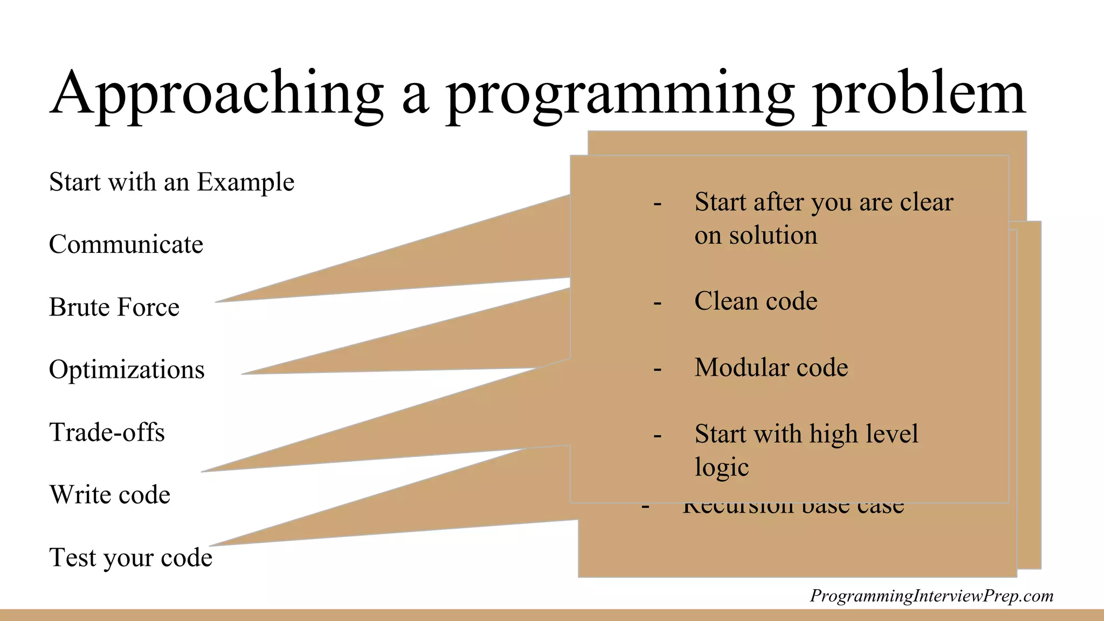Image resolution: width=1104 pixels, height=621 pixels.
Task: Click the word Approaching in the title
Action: coord(216,94)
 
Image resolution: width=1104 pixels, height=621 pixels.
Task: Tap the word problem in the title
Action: coord(919,94)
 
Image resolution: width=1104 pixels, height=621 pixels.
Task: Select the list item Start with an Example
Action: coord(171,182)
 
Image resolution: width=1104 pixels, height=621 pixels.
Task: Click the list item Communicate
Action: coord(126,245)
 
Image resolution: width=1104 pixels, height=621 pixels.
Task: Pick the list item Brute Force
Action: coord(114,307)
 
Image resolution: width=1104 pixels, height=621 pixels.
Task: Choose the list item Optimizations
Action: coord(127,370)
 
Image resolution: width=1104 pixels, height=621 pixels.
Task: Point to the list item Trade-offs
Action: coord(107,432)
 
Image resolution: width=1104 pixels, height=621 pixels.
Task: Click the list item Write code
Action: coord(109,495)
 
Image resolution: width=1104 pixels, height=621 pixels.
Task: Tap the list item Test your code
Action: coord(130,557)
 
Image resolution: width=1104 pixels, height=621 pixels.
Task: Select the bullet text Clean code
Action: coord(755,301)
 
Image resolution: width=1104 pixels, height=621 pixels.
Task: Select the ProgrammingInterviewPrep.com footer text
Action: coord(931,596)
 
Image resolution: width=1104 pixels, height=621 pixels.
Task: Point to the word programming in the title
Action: coord(620,94)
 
